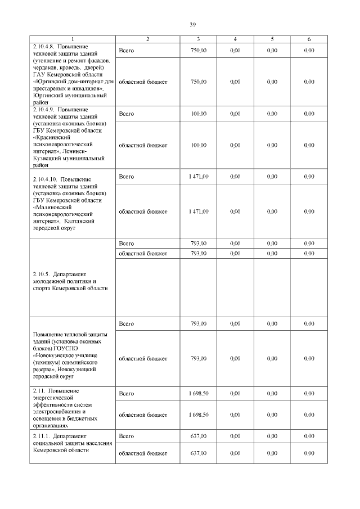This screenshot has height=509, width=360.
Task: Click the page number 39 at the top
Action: click(x=192, y=25)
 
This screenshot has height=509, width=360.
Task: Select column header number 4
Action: click(x=235, y=39)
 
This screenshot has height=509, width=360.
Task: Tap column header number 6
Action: click(x=308, y=39)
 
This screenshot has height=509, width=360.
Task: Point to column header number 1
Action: click(x=72, y=39)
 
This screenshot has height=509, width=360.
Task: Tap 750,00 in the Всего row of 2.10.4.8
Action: click(x=199, y=51)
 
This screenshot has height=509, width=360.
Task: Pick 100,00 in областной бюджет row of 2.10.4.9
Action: click(x=199, y=145)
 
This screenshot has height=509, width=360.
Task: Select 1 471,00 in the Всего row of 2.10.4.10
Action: click(x=199, y=177)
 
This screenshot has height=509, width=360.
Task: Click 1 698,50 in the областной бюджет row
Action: click(x=199, y=415)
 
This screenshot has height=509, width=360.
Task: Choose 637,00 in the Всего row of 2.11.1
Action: click(x=199, y=436)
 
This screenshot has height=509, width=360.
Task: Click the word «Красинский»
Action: click(x=52, y=137)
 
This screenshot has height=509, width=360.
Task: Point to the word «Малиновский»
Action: click(x=53, y=207)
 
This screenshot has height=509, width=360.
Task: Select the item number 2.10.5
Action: click(x=42, y=274)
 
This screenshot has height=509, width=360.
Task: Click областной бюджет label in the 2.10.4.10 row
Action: click(x=143, y=211)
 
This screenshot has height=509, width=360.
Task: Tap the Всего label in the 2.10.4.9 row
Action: click(x=127, y=114)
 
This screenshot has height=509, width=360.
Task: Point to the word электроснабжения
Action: click(x=57, y=411)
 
